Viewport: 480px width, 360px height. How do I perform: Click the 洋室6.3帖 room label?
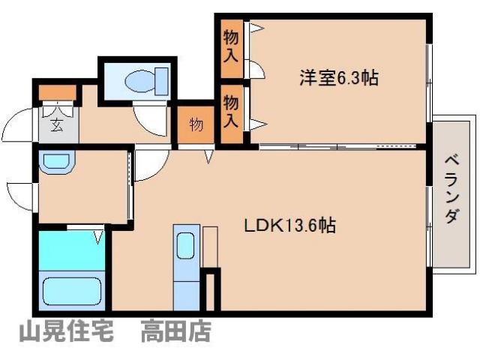click(337, 77)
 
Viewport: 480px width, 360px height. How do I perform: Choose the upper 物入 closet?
click(232, 45)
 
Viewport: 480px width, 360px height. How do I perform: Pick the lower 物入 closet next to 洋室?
click(232, 109)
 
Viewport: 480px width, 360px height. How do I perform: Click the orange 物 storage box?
click(196, 125)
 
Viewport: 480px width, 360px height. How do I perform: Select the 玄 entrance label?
click(57, 124)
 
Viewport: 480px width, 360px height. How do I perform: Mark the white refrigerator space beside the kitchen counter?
click(209, 246)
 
